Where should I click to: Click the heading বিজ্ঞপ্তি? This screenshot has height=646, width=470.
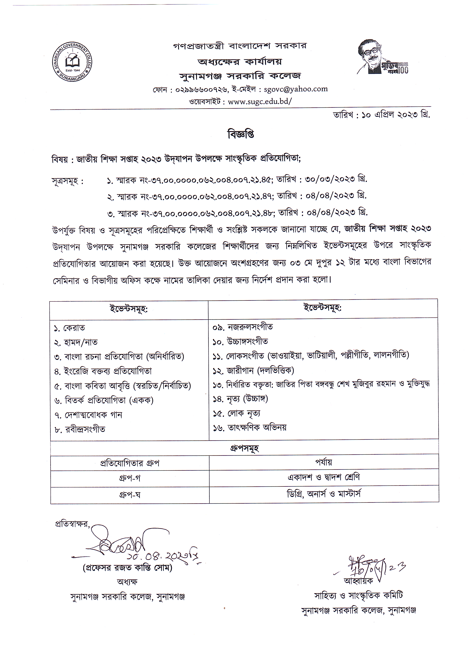pos(241,134)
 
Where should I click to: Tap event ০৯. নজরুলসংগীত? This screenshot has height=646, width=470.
pos(242,327)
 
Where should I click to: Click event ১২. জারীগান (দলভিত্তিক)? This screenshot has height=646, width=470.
pos(253,370)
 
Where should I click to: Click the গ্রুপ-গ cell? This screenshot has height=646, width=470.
pos(130,478)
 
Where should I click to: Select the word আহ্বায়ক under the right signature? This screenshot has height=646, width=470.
pos(358,581)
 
